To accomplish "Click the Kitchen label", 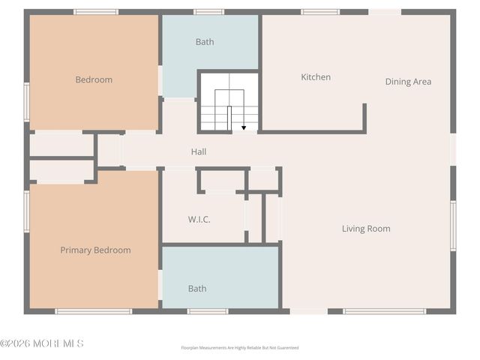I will pyautogui.click(x=316, y=77).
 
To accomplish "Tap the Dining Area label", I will pyautogui.click(x=408, y=82).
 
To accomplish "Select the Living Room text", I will pyautogui.click(x=366, y=229).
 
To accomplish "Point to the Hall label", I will pyautogui.click(x=199, y=152).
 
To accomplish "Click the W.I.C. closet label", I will pyautogui.click(x=199, y=220).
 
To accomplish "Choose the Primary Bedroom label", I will pyautogui.click(x=95, y=250).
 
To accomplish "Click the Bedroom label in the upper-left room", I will pyautogui.click(x=94, y=79).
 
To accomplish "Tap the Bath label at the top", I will pyautogui.click(x=205, y=42).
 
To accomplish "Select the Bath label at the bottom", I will pyautogui.click(x=197, y=289).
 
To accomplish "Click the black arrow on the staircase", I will pyautogui.click(x=244, y=127).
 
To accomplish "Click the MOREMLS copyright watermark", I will pyautogui.click(x=42, y=343).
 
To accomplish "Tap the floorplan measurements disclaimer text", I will pyautogui.click(x=240, y=348).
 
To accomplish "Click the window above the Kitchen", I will pyautogui.click(x=320, y=12).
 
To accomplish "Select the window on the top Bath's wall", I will pyautogui.click(x=208, y=12).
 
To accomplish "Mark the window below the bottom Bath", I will pyautogui.click(x=208, y=311).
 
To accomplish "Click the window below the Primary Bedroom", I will pyautogui.click(x=94, y=311).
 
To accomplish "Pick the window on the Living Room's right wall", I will pyautogui.click(x=453, y=225).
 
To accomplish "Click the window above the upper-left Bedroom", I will pyautogui.click(x=96, y=12).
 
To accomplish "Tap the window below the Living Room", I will pyautogui.click(x=384, y=311).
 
